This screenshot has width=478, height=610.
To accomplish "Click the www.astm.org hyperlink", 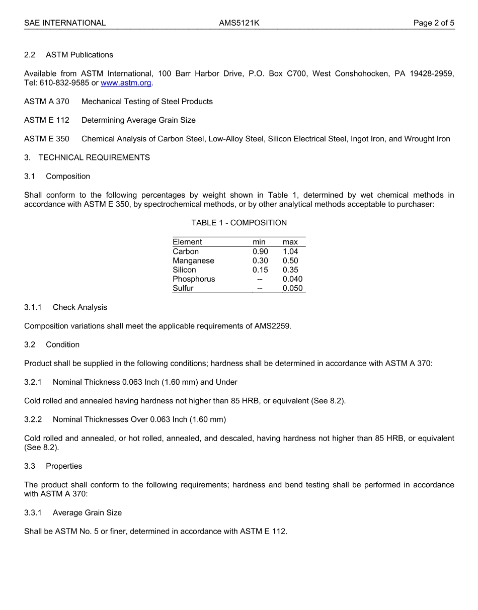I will [126, 83].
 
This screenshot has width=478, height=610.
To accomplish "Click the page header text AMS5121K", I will [239, 23].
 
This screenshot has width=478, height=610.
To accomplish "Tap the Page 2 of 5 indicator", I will [434, 23].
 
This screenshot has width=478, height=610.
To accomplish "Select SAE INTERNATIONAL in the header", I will [65, 23].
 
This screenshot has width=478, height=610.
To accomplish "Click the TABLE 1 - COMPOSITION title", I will [239, 223].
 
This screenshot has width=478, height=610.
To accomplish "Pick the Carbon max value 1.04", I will [290, 251].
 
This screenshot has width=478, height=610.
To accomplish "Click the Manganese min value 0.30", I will [260, 260].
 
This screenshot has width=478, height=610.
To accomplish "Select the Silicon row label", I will [184, 270].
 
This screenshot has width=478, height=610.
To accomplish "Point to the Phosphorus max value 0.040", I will [292, 279].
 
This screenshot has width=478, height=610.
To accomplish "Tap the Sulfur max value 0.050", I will [292, 289].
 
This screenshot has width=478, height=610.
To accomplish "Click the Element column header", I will [187, 242].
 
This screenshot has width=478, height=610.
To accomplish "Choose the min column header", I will [259, 242].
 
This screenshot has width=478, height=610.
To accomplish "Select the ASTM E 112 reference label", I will [47, 120].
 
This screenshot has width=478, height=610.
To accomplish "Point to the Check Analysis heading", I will [80, 307].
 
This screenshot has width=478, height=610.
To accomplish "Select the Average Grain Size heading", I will [87, 513].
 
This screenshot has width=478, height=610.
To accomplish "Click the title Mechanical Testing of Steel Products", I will [147, 102].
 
